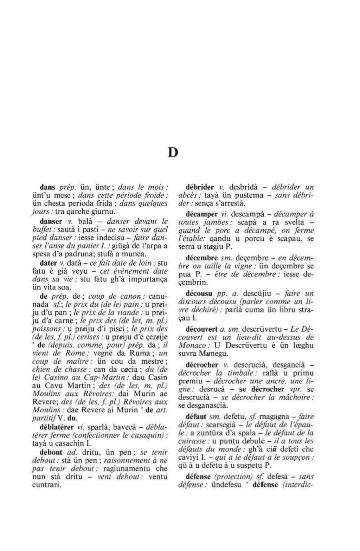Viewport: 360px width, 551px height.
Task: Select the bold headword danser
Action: [x=49, y=221]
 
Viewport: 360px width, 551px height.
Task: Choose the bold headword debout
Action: [x=49, y=452]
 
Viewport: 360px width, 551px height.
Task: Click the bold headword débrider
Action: [x=200, y=187]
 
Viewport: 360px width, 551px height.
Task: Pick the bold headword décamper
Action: [x=202, y=214]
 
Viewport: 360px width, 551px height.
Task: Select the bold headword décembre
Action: [x=202, y=258]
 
